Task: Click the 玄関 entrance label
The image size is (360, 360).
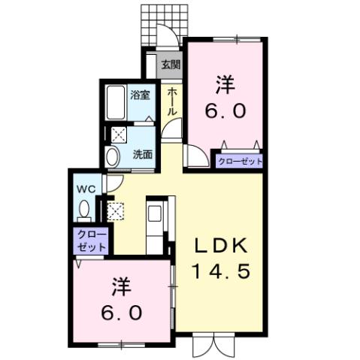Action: click(x=171, y=65)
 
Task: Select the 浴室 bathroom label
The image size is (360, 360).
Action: click(x=141, y=95)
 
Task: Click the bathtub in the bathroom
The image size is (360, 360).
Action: click(x=116, y=104)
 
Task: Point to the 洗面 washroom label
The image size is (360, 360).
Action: click(x=143, y=155)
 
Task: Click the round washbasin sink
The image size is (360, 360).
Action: click(x=113, y=157)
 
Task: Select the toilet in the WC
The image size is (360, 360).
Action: click(x=83, y=208)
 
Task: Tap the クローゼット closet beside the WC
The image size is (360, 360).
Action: click(x=92, y=241)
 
